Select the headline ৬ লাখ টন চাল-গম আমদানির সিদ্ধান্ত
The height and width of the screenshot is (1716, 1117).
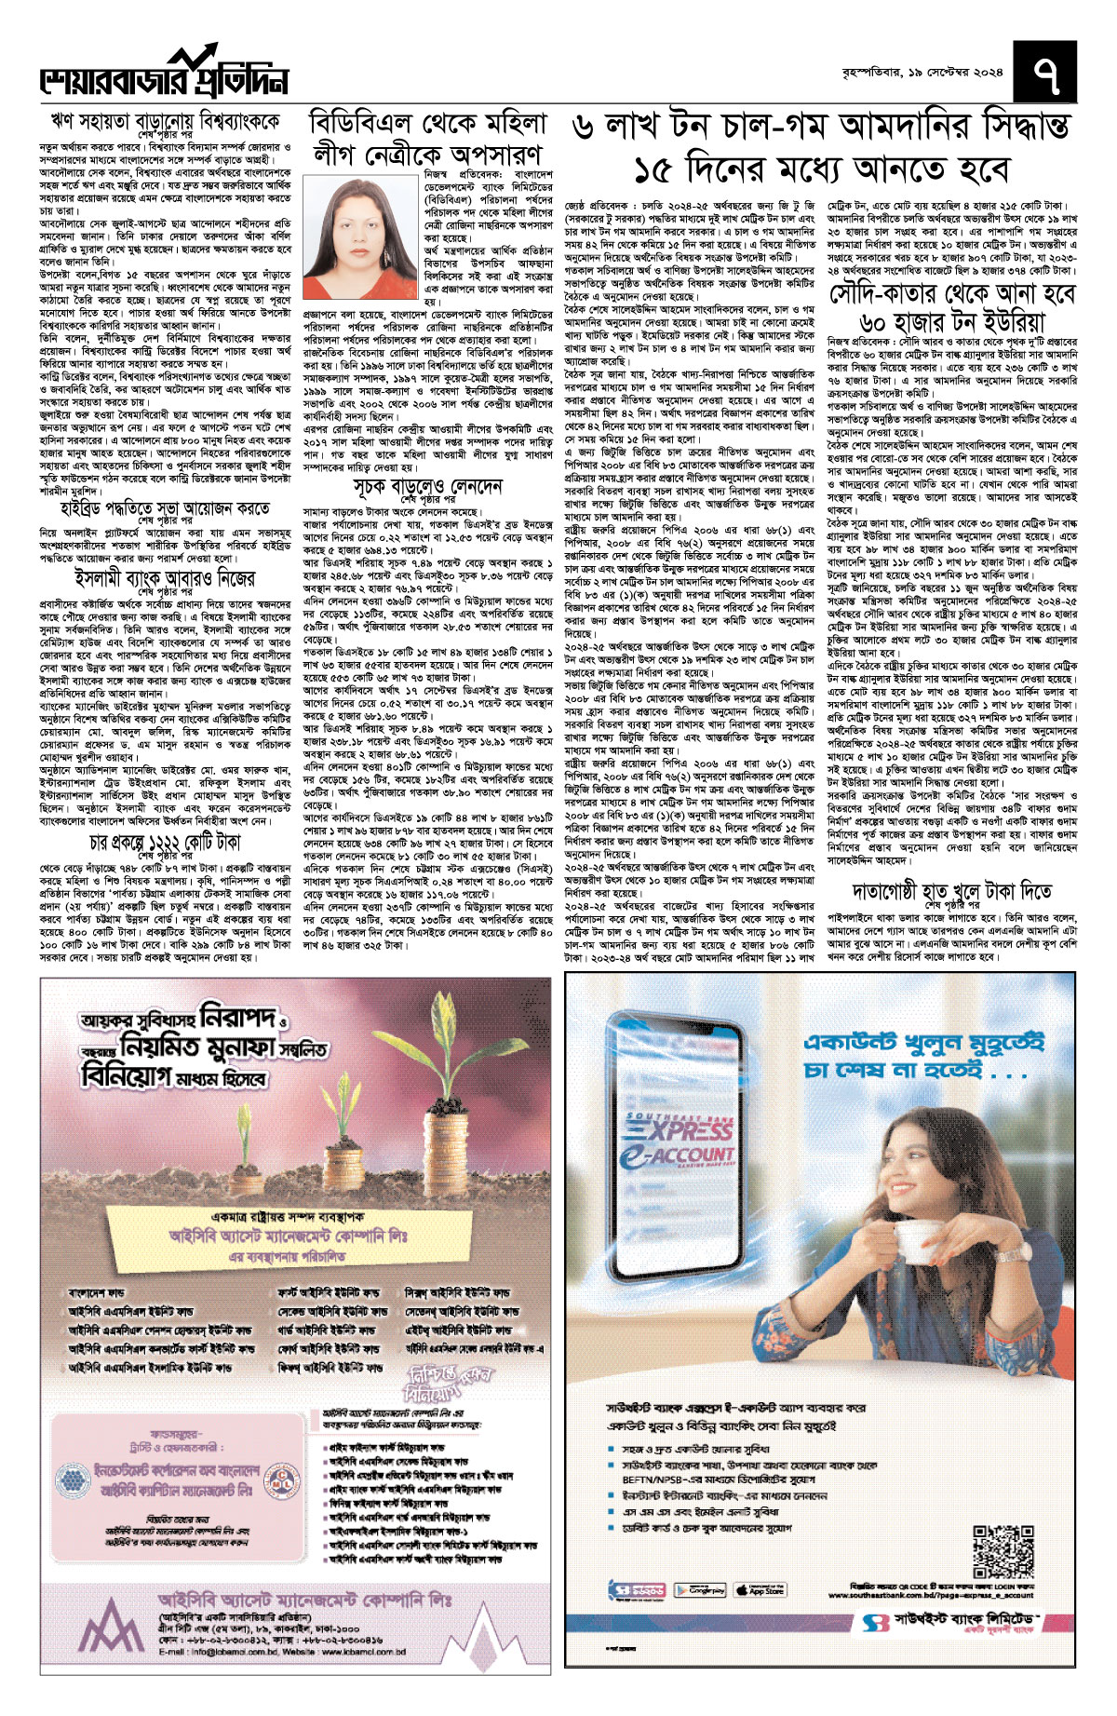coord(821,128)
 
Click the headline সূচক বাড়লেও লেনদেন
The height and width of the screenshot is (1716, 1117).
coord(427,487)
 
